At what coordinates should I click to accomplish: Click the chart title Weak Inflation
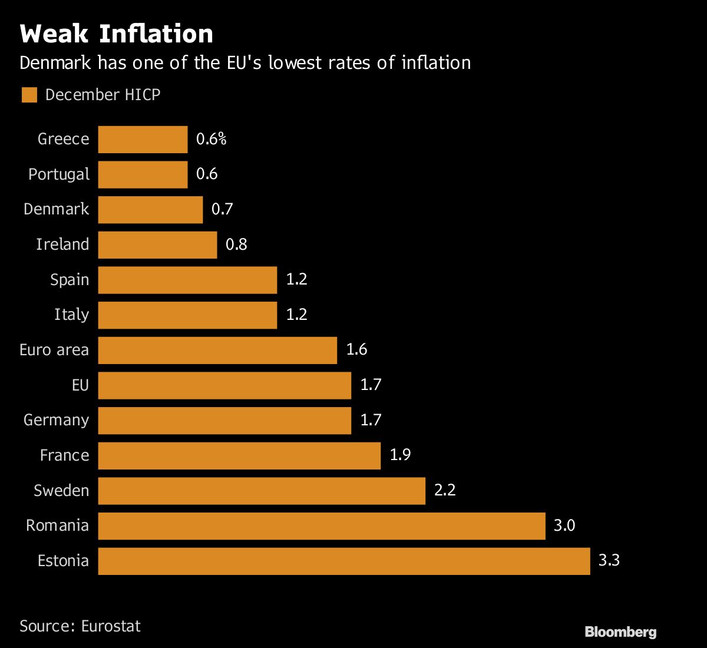point(116,34)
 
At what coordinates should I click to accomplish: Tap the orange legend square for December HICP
point(29,95)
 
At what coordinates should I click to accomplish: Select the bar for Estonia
point(343,561)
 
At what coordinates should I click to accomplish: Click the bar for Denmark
point(150,210)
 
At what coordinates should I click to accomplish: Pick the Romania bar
point(321,525)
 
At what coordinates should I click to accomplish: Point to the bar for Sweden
point(261,491)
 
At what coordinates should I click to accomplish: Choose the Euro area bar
point(217,350)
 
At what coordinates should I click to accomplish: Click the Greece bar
point(143,140)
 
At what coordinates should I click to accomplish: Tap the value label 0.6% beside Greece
point(211,139)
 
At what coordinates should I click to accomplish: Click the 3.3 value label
point(609,560)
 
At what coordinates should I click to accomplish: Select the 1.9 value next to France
point(400,455)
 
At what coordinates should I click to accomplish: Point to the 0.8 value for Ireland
point(236,244)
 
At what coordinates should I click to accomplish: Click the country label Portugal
point(59,175)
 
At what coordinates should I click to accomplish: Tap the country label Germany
point(56,421)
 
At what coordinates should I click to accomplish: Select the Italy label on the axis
point(71,315)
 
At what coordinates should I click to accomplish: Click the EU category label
point(80,385)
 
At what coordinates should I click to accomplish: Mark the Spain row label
point(70,280)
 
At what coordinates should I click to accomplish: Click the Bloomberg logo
point(620,632)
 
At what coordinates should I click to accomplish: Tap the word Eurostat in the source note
point(111,626)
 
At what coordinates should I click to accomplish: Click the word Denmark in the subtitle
point(55,62)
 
